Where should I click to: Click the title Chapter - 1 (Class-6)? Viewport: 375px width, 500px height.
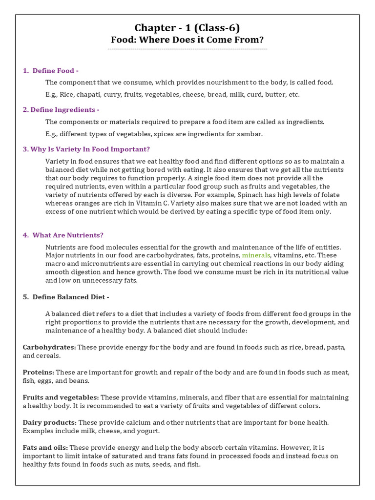(187, 28)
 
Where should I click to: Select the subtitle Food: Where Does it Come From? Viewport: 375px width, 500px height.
(187, 40)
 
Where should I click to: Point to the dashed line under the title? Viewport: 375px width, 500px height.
(187, 49)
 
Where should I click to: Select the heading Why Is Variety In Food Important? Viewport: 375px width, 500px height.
(86, 149)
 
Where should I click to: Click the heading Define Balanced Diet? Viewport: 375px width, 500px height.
(68, 297)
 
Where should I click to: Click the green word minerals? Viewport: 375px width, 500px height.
(256, 255)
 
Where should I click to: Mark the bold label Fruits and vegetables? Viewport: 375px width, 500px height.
(61, 397)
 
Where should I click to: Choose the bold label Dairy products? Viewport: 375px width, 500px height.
(49, 422)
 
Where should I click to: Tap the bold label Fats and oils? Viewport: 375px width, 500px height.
(45, 448)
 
